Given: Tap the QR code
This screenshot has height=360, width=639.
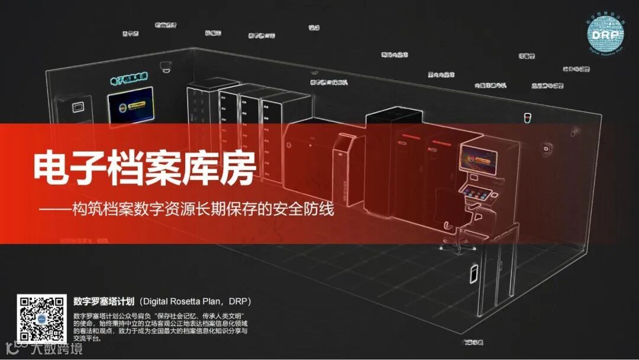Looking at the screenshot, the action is tap(40, 317).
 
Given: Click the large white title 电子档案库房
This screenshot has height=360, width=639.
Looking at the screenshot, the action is tap(145, 169).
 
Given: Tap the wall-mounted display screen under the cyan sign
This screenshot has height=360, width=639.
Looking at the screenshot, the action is tap(130, 107).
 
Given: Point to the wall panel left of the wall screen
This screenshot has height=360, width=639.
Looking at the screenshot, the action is tap(76, 107).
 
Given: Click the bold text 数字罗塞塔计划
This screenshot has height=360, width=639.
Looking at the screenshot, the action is tap(105, 301).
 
